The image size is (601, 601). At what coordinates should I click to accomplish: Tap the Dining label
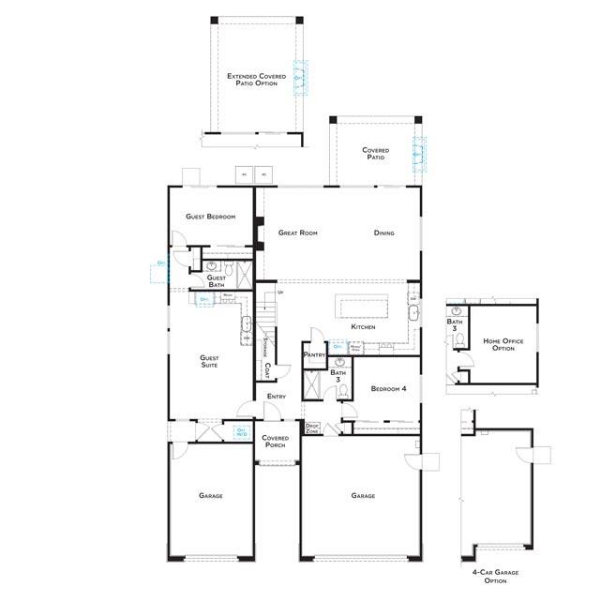(x=383, y=233)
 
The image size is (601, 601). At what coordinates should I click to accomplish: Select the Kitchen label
(x=364, y=327)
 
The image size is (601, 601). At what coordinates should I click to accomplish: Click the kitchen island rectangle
(x=361, y=308)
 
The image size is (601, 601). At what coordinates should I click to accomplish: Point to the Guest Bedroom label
(x=210, y=217)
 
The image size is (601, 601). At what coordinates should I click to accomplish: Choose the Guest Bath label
(x=216, y=281)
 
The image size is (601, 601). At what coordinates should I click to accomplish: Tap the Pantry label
(x=313, y=355)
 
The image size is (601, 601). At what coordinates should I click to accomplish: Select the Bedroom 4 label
(x=388, y=388)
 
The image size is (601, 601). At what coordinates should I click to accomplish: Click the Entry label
(x=276, y=397)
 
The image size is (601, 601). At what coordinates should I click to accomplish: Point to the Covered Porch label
(x=275, y=442)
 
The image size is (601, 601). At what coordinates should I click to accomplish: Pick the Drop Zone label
(x=313, y=428)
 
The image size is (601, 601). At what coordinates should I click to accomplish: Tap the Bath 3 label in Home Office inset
(x=454, y=325)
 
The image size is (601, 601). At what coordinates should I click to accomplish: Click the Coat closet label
(x=267, y=371)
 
